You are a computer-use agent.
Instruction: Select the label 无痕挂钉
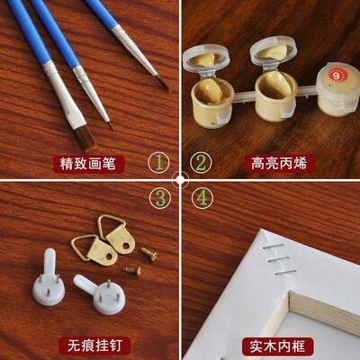coord(88,346)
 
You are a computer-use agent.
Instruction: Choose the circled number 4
coord(202,196)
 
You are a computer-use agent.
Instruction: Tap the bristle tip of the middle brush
coord(107,121)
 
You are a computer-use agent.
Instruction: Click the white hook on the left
coord(51,269)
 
